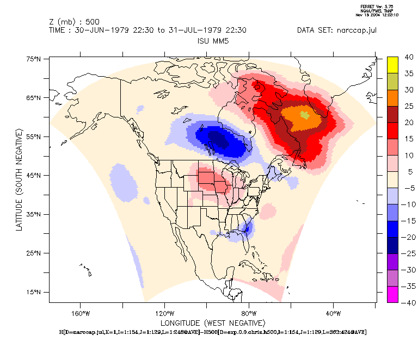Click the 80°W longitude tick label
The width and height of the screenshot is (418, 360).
tap(249, 313)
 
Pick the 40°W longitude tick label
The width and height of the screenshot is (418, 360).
tap(333, 313)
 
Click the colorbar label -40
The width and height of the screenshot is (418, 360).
tap(407, 302)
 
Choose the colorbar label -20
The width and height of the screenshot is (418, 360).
tap(407, 237)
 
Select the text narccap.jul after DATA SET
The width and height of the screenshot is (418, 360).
tap(356, 30)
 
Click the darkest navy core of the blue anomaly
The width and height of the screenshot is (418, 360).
tap(218, 139)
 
